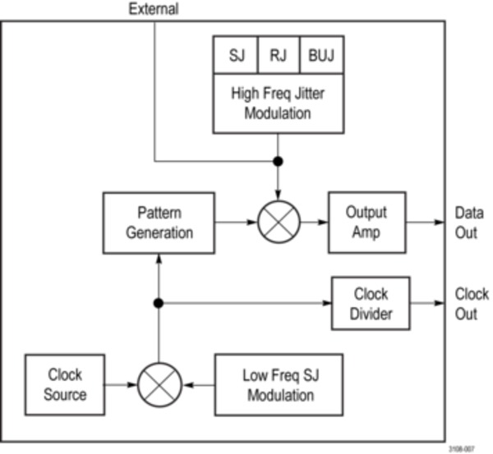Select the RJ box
point(278,56)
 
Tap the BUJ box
point(320,56)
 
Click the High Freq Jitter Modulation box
point(278,103)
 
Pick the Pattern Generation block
point(159,222)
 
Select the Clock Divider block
point(371,303)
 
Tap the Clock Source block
point(65,384)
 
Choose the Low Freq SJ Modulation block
point(278,384)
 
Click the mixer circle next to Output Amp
point(279,222)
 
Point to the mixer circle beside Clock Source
point(159,384)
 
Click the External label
point(153,9)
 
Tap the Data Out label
point(466,222)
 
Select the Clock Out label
point(471,303)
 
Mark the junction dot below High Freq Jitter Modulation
point(279,161)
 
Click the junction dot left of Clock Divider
point(159,303)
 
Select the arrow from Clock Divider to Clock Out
point(427,303)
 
